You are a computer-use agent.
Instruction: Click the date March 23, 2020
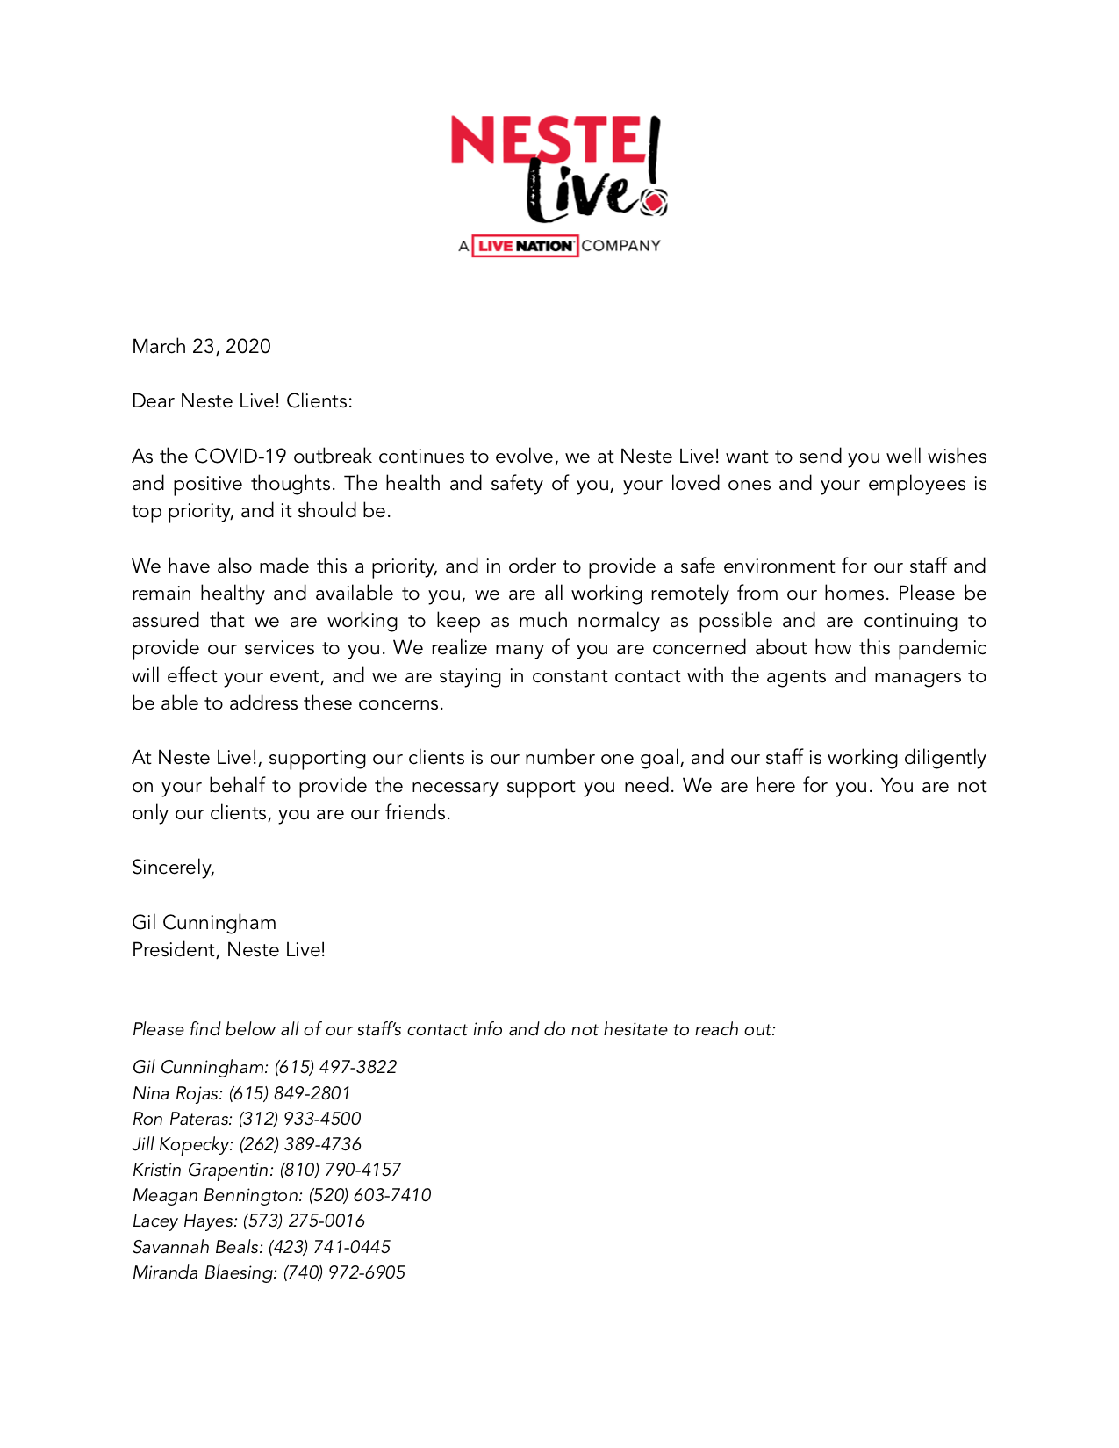[x=201, y=347]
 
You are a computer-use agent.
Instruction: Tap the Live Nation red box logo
[x=525, y=246]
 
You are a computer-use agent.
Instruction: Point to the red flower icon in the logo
[x=653, y=204]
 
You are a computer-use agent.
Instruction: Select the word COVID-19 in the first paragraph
[x=240, y=457]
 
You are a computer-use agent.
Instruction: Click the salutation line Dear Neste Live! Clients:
[x=241, y=401]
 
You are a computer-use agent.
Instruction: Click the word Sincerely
[x=172, y=868]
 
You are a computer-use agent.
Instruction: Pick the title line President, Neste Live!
[x=228, y=950]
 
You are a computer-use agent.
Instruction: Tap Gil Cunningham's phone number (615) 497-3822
[x=335, y=1067]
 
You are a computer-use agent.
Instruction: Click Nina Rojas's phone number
[x=290, y=1093]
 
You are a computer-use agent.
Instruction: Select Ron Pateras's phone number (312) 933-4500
[x=299, y=1119]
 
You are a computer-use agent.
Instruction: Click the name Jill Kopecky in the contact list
[x=181, y=1144]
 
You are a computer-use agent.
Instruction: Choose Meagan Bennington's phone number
[x=369, y=1195]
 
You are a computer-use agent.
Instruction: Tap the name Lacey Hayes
[x=183, y=1221]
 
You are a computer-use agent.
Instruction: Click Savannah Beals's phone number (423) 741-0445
[x=329, y=1247]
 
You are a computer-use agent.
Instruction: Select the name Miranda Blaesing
[x=204, y=1272]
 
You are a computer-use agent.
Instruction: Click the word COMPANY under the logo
[x=620, y=246]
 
